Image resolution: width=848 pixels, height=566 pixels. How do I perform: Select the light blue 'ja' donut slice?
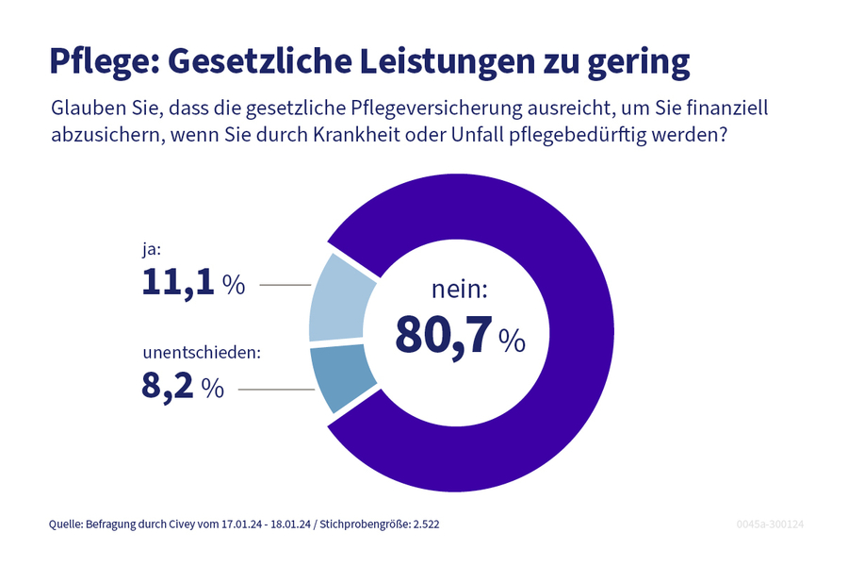point(341,297)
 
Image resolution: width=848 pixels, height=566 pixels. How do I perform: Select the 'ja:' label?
point(152,251)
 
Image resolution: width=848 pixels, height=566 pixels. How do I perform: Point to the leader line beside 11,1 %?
point(284,284)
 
